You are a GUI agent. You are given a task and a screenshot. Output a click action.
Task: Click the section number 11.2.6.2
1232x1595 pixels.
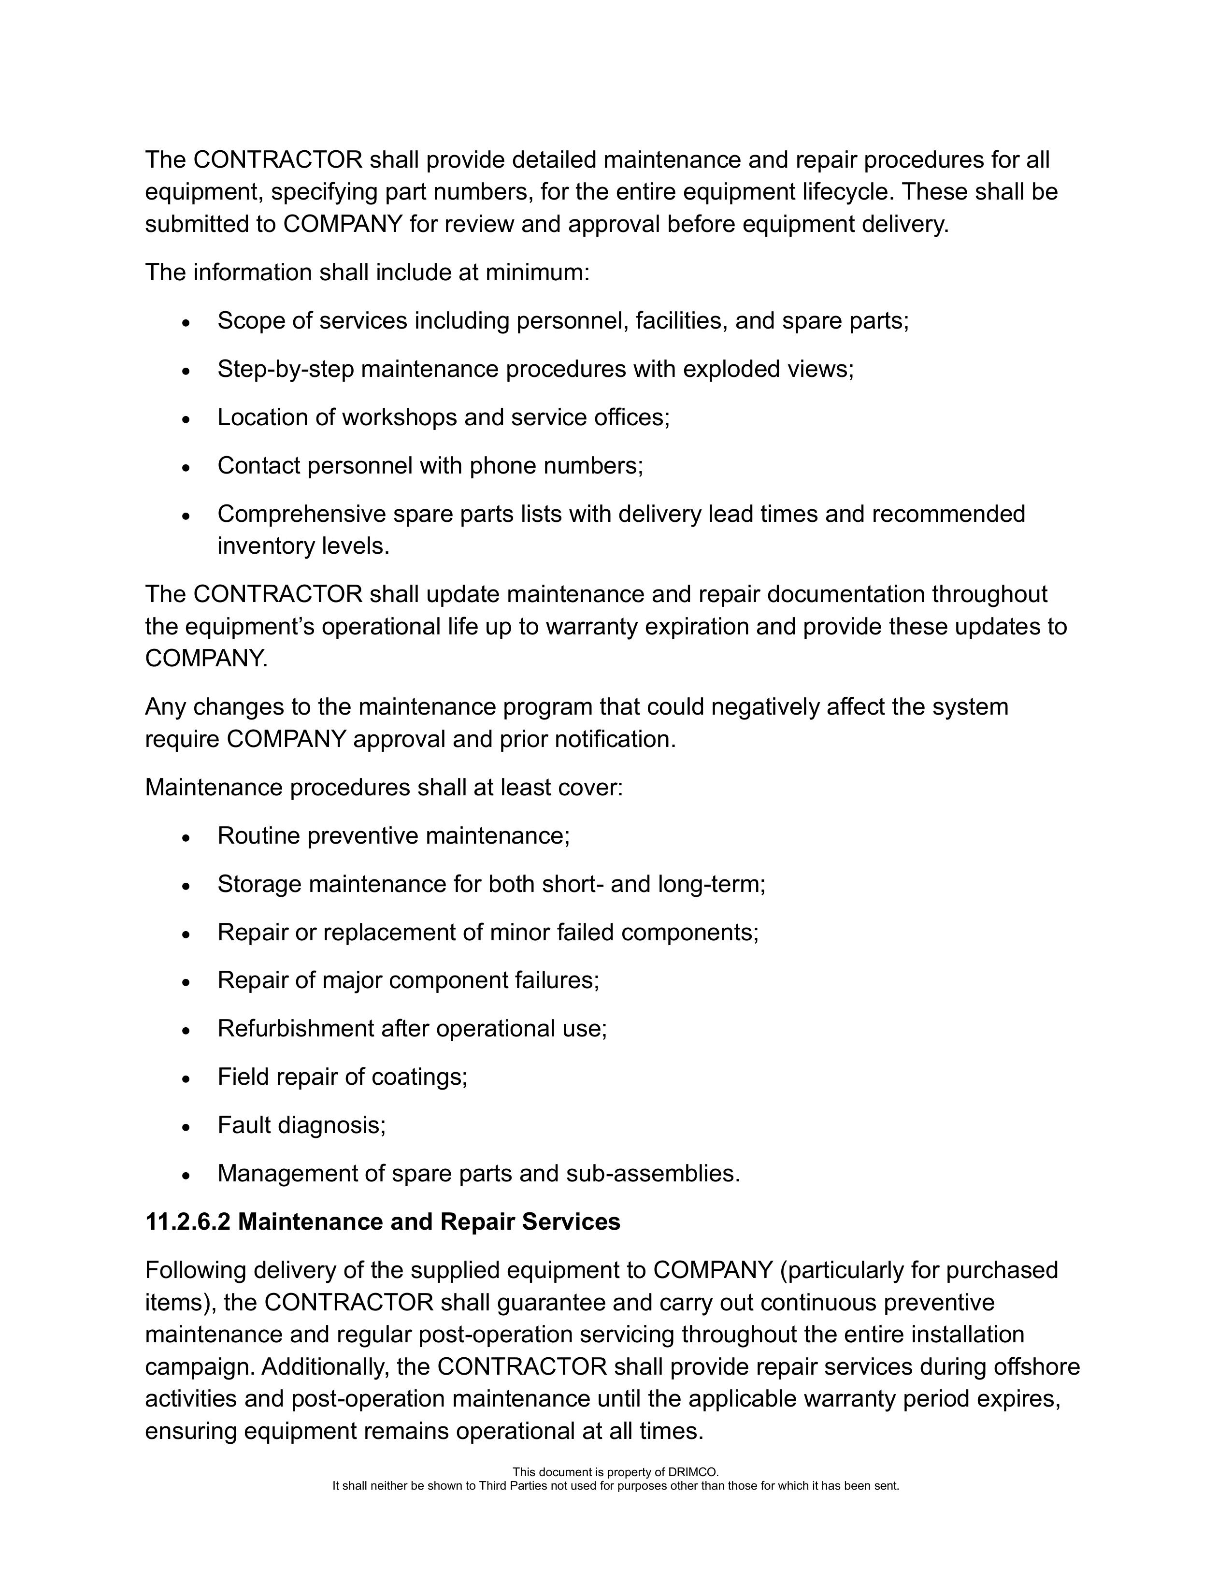187,1222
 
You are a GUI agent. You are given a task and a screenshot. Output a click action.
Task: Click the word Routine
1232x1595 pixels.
258,835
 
